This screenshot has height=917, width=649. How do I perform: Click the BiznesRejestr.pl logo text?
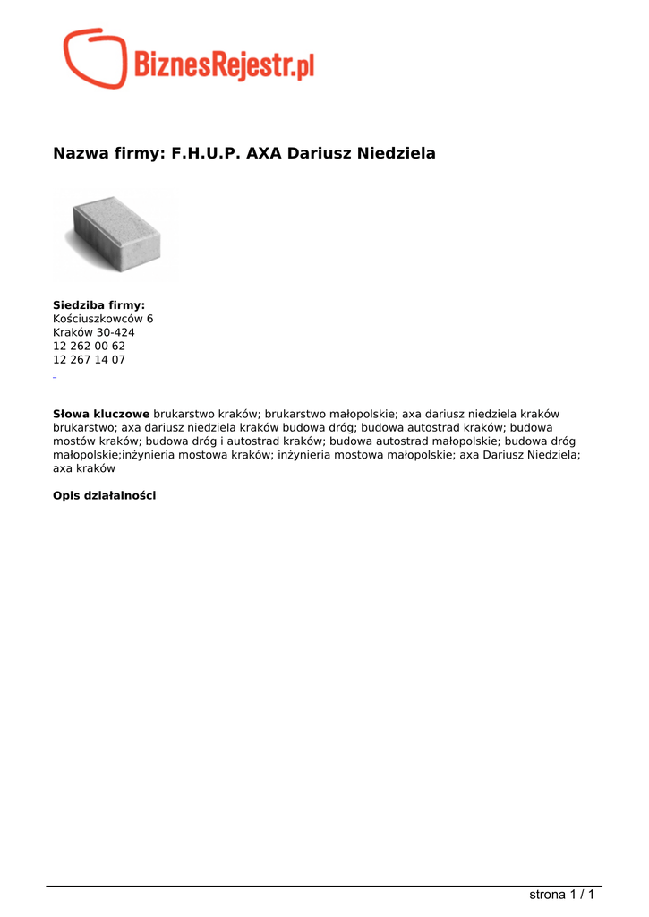[x=224, y=64]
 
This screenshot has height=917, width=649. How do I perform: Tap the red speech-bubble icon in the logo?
[x=95, y=58]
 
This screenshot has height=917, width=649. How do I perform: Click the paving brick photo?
[x=116, y=235]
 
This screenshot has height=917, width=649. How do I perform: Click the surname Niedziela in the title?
[x=397, y=153]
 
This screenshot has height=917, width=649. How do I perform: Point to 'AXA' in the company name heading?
[x=264, y=153]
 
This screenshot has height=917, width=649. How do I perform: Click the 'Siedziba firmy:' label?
[x=98, y=305]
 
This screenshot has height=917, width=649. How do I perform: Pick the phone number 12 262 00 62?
[x=89, y=346]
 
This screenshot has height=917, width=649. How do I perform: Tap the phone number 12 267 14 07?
[x=89, y=359]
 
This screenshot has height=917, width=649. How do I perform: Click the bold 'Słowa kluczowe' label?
[x=101, y=414]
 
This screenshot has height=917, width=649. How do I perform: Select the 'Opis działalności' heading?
[x=104, y=495]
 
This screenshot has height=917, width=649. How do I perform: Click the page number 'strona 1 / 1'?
[x=562, y=895]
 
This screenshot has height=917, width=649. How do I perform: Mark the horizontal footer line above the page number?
[x=324, y=887]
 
